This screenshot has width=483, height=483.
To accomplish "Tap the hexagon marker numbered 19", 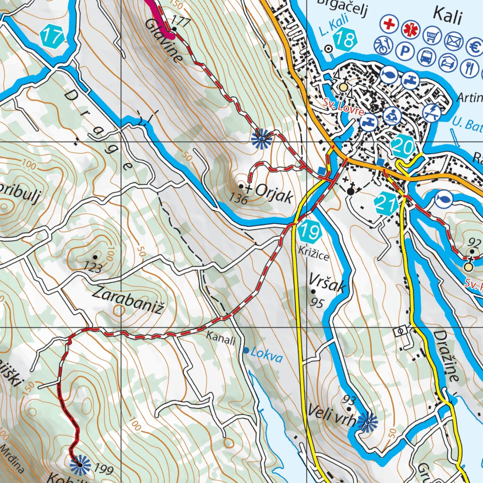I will (310, 232).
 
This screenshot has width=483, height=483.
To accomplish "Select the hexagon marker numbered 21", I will (386, 204).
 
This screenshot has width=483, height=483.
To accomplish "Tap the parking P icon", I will (404, 50).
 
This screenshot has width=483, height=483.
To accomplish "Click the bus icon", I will (426, 57).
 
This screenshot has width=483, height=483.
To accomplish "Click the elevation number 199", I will (104, 470).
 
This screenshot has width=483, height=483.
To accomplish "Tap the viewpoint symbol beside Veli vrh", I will (367, 421).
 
